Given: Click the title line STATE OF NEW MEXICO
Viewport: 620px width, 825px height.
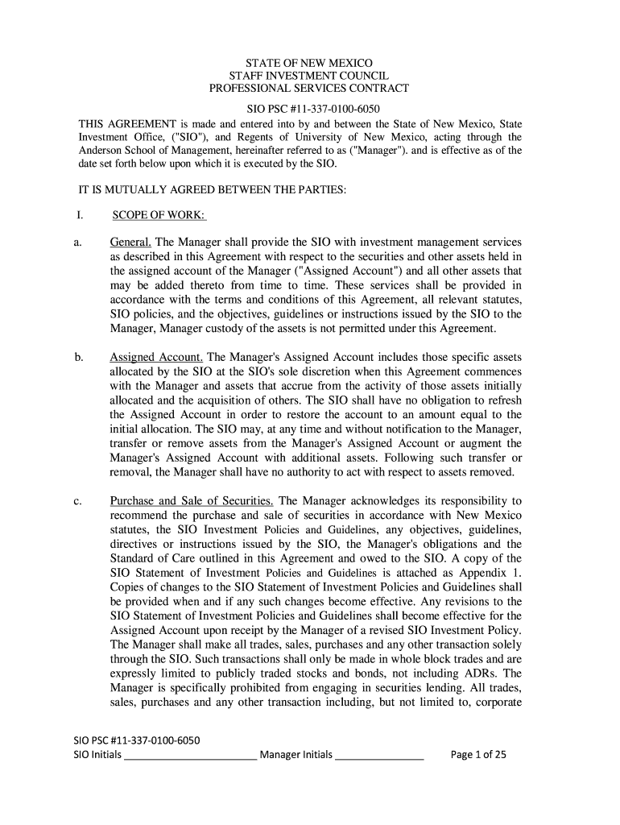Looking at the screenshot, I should coord(309,63).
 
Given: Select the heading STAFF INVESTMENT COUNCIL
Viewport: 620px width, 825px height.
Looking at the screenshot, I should coord(309,76).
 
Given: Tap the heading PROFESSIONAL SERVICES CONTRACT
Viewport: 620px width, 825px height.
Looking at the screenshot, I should coord(309,89).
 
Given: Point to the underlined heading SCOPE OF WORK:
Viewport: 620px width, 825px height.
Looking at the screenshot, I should coord(159,215).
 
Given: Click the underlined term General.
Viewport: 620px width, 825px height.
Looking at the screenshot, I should coord(131,243).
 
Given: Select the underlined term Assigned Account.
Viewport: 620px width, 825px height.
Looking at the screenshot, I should coord(156,357).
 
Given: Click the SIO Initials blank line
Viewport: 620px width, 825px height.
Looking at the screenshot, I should coord(190,756).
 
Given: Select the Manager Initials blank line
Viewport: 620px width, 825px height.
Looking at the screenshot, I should coord(378,756).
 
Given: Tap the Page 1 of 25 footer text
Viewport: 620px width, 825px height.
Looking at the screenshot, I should coord(478,754).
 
